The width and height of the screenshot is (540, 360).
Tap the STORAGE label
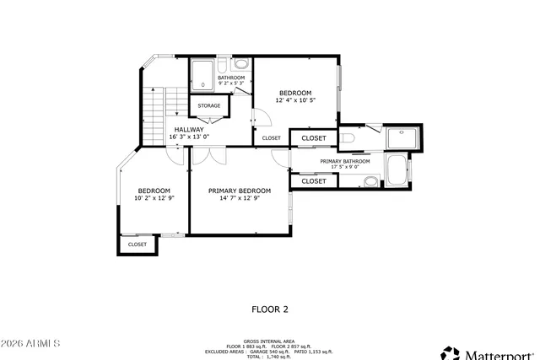point(209,105)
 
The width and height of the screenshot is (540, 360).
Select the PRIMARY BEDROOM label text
point(240,191)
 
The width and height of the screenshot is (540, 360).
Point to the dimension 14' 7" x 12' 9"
point(240,199)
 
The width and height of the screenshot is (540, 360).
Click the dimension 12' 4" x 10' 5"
point(295,100)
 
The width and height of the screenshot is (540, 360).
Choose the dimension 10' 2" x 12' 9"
point(154,199)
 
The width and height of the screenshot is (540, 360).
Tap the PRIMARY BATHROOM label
point(344,160)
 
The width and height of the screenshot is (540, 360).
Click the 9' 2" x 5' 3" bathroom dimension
point(231,83)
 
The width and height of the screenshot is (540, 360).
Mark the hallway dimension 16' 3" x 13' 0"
point(189,137)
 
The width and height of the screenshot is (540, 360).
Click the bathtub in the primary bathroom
point(397,169)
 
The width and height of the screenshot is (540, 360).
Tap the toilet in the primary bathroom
point(348,138)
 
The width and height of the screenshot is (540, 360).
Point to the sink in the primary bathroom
point(371,180)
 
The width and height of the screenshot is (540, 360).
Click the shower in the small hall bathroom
point(202,75)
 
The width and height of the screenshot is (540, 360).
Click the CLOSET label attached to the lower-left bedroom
point(137,244)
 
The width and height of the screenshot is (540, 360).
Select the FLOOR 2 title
point(270,309)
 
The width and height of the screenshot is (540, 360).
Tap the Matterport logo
point(489,351)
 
